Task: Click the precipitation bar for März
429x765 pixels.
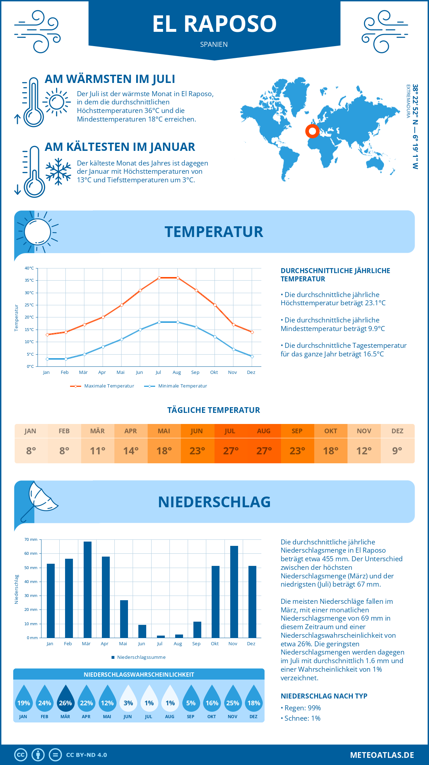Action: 87,589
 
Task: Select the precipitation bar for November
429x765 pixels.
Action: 234,592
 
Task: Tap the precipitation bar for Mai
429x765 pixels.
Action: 124,619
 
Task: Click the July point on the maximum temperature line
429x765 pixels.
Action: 159,278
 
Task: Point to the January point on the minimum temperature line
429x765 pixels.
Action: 47,359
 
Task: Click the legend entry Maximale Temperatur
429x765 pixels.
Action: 102,386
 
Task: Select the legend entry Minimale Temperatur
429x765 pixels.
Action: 176,386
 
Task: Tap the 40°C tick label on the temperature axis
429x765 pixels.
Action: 29,268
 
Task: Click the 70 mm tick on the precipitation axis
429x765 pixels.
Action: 31,539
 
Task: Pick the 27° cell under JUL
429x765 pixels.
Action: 231,451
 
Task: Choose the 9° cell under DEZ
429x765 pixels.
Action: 397,451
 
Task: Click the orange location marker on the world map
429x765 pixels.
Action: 312,131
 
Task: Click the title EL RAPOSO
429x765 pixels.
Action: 214,24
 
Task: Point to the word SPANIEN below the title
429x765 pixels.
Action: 214,44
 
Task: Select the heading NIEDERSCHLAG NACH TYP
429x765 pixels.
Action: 324,696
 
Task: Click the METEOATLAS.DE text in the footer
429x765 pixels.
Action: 382,755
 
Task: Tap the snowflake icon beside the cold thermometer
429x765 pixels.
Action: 58,171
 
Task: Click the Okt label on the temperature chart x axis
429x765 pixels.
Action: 214,372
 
